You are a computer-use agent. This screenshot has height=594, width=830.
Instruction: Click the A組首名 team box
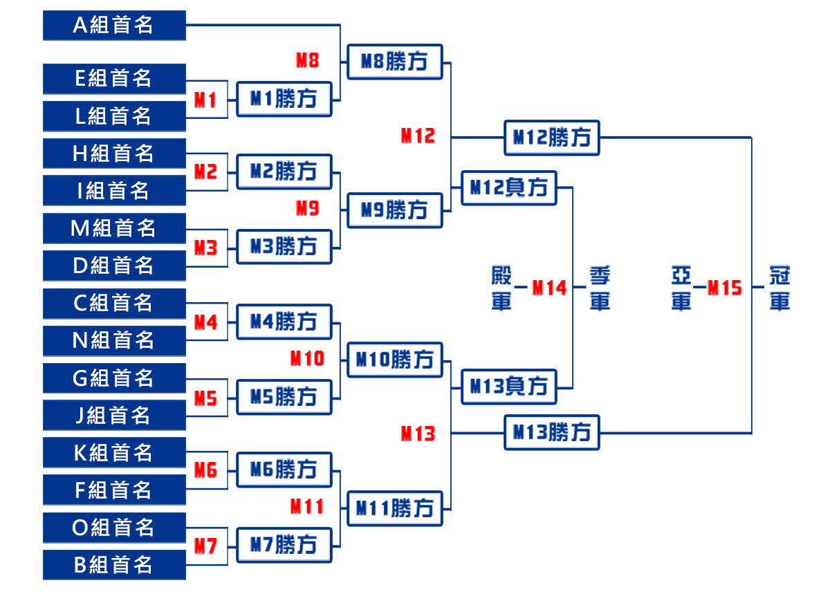pos(114,26)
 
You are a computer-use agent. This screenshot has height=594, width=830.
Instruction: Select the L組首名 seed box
pos(114,116)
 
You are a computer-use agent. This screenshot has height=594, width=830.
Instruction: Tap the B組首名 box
pos(114,565)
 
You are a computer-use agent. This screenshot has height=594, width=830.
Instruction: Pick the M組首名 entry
pos(114,228)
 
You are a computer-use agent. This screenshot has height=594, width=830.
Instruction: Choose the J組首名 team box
pos(114,415)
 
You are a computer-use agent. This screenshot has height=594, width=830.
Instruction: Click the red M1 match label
pos(205,100)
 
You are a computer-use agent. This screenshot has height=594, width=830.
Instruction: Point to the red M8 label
pos(307,61)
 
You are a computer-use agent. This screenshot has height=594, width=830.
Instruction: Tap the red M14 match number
pos(549,288)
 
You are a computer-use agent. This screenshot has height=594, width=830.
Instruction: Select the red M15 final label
pos(724,288)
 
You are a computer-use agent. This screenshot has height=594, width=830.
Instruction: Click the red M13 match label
pos(418,434)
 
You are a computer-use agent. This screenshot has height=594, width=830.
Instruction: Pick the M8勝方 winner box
pos(394,62)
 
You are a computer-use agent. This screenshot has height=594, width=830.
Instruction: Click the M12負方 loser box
pos(509,187)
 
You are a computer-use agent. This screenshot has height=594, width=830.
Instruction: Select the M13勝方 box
pos(551,433)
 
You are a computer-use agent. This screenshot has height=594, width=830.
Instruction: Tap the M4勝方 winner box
pos(284,322)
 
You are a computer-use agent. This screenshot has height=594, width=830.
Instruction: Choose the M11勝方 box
pos(394,509)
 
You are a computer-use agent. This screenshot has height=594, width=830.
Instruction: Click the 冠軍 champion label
pos(780,288)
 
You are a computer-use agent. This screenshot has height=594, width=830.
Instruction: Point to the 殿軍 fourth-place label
pos(501,288)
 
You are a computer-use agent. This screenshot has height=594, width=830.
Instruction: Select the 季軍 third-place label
pos(600,288)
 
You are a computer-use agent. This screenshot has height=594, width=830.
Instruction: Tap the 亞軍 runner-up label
pos(681,288)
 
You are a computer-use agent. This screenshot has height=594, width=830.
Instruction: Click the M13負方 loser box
pos(509,387)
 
